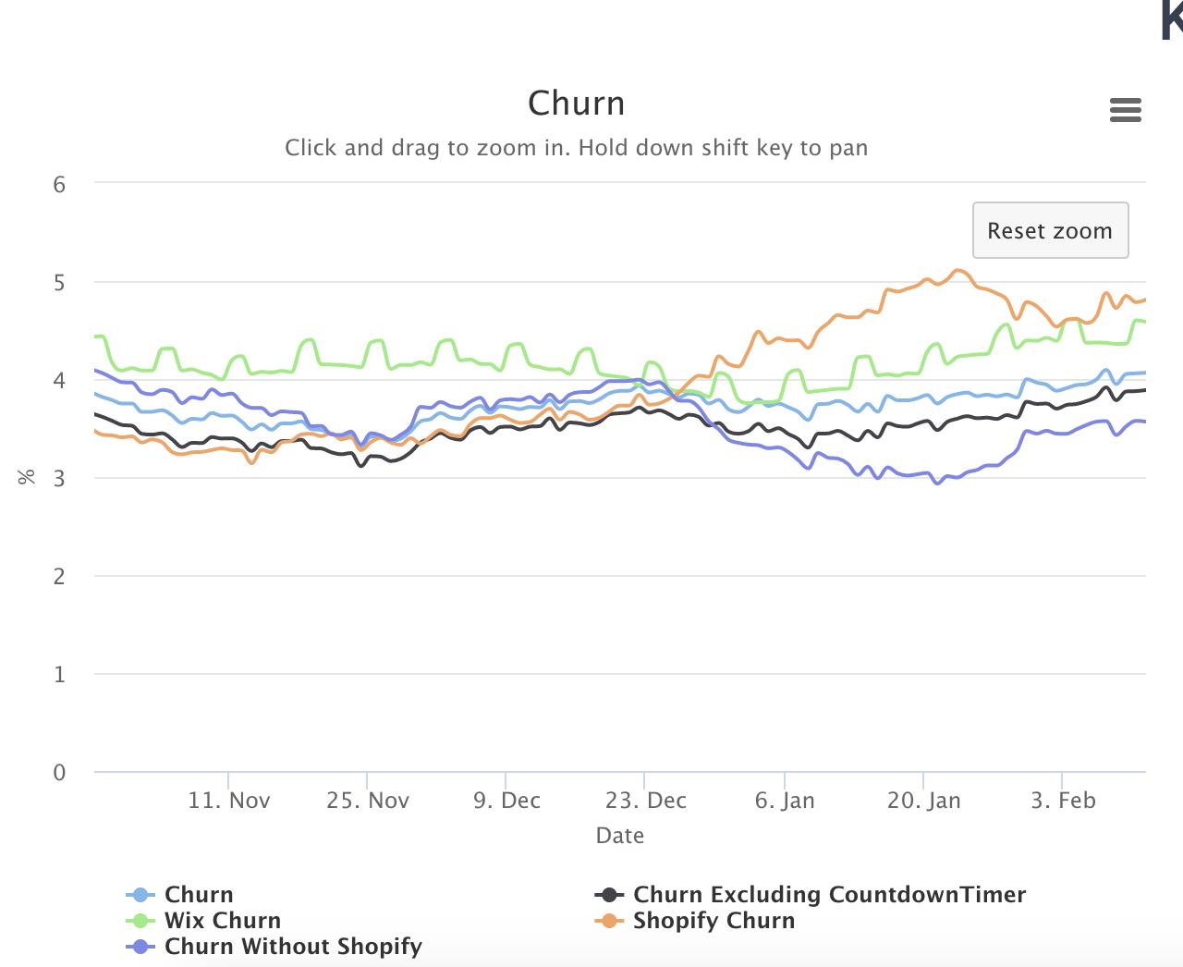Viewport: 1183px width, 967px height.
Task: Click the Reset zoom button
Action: (x=1050, y=230)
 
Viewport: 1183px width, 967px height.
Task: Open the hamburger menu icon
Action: (x=1125, y=110)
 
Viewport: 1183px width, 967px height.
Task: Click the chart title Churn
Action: (x=576, y=104)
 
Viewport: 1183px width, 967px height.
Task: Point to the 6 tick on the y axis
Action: (x=60, y=184)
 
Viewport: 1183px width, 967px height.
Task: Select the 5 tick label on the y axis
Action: (x=60, y=282)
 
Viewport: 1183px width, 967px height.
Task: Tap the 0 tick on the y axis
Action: (x=60, y=772)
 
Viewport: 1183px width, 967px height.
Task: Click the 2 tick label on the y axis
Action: (x=60, y=576)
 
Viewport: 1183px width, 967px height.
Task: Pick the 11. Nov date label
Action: (x=228, y=801)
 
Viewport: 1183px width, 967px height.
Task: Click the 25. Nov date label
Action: (x=367, y=801)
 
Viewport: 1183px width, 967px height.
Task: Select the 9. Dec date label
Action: (x=506, y=801)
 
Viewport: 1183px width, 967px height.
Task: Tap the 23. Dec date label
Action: (x=645, y=801)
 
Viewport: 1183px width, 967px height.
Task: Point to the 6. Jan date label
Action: (x=785, y=801)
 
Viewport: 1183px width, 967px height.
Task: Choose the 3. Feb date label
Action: (x=1063, y=801)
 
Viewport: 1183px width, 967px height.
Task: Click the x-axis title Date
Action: (x=619, y=836)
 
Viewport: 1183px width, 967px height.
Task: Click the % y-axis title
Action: (x=27, y=477)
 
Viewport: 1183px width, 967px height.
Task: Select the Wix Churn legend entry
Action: (x=222, y=921)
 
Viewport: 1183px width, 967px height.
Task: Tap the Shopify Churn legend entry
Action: (x=713, y=921)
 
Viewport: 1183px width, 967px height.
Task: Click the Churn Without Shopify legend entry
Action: (x=292, y=947)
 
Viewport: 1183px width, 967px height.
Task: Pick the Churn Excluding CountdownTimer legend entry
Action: (x=829, y=895)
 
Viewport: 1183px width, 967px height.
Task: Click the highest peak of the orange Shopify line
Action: (x=957, y=270)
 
